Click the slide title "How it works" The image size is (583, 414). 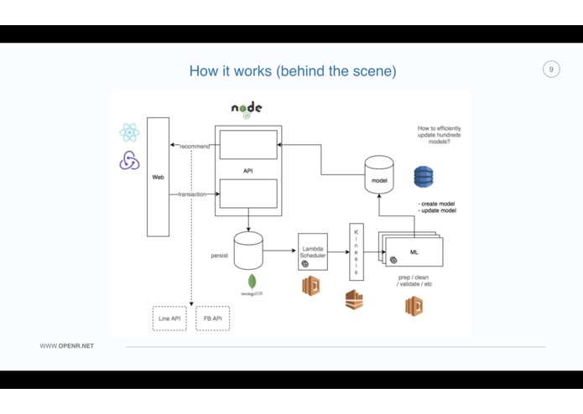point(292,70)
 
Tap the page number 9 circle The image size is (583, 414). point(551,70)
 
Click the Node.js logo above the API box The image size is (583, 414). point(247,109)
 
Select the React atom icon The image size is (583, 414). point(129,132)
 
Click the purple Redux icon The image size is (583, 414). point(129,160)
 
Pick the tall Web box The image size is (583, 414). point(158,177)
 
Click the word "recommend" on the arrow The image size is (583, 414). point(195,147)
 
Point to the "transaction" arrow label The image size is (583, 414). point(192,194)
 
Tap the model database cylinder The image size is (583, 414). point(378,174)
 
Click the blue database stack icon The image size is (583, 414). point(424,177)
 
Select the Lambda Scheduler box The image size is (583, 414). point(312,255)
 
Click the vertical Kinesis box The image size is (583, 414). point(356,251)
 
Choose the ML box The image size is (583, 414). point(414,251)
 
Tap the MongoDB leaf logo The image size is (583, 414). point(252,282)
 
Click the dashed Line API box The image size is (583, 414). point(169,318)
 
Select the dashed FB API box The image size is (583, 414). point(212,318)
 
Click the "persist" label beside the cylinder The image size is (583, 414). point(219,255)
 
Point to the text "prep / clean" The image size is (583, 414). point(414,276)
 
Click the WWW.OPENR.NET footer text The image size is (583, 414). point(67,346)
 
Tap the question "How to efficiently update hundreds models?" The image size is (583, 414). point(439,135)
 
